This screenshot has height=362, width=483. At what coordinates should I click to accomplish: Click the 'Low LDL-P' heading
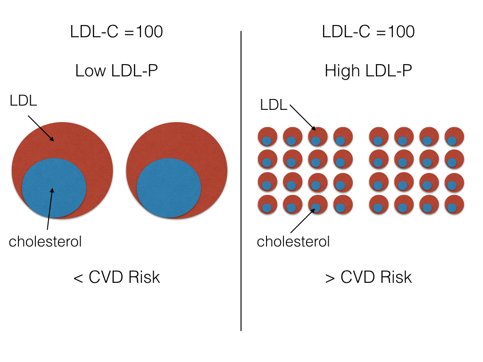[117, 71]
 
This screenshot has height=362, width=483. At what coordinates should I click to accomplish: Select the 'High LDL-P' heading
[368, 71]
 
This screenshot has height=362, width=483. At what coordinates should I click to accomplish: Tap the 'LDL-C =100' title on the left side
[117, 32]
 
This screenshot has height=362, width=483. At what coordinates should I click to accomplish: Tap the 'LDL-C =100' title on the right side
[368, 32]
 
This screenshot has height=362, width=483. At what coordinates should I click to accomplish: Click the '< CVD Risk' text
[117, 277]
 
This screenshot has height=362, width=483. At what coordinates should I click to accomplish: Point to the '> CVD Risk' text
[368, 277]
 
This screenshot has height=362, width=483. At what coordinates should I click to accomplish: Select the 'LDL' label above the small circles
[274, 105]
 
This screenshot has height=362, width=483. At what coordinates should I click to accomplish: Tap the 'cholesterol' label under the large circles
[45, 242]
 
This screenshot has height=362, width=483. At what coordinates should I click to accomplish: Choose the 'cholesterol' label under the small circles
[293, 242]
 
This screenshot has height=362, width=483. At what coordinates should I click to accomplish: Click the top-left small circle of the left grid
[267, 137]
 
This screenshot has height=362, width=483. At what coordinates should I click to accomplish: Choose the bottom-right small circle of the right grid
[454, 204]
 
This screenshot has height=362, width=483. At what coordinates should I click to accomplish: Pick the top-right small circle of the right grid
[454, 137]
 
